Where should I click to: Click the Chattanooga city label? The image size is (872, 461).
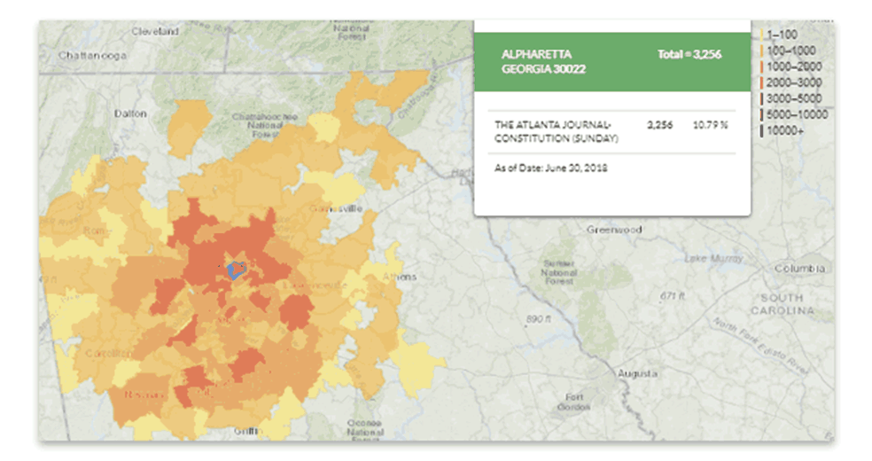pos(92,55)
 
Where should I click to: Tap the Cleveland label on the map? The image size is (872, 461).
pos(155,31)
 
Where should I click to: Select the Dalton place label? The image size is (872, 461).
pos(130,113)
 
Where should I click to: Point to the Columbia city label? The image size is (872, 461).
pos(802,269)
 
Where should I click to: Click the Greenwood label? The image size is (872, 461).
pos(613,230)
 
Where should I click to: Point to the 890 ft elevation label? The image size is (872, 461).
pos(539,318)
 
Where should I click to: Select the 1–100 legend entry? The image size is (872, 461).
pos(784,34)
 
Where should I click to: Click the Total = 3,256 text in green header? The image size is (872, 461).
pos(689,55)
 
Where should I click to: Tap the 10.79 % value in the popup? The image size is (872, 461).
pos(711,126)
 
